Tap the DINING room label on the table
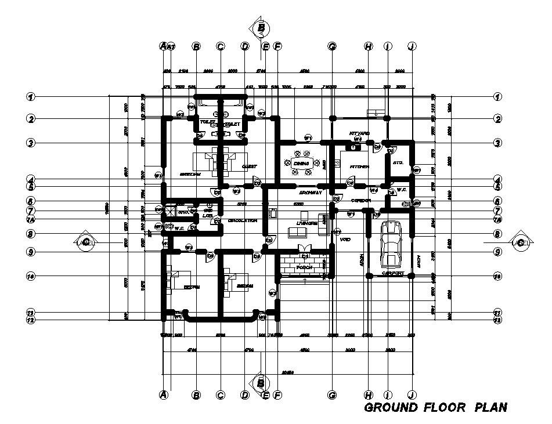click(301, 164)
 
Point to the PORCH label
click(304, 267)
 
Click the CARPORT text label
click(392, 273)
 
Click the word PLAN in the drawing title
click(491, 407)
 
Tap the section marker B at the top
click(262, 27)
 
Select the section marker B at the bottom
click(261, 382)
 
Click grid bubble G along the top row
click(332, 46)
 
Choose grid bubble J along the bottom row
click(411, 395)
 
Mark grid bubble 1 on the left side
click(31, 96)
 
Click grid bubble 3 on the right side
click(497, 142)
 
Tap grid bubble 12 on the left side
click(31, 320)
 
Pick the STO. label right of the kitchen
click(398, 163)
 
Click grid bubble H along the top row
click(368, 46)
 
